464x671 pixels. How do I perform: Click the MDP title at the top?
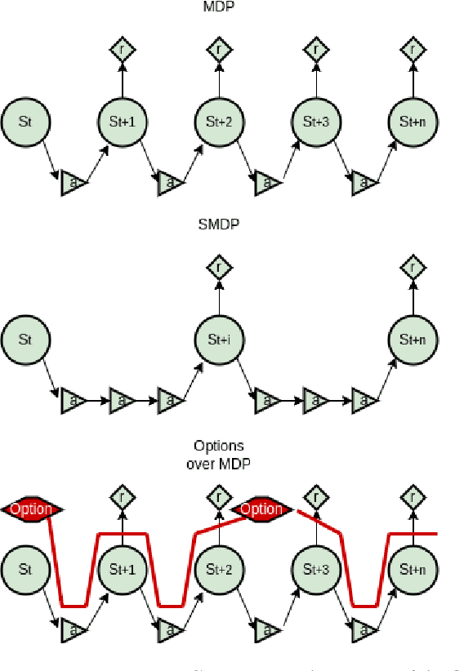(x=219, y=7)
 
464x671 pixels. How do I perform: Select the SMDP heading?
(x=219, y=224)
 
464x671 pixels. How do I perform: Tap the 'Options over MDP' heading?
(x=218, y=453)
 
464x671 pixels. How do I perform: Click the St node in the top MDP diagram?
(x=25, y=122)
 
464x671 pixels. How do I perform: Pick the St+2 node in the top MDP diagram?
(x=219, y=122)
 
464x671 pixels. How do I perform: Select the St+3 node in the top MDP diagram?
(x=316, y=122)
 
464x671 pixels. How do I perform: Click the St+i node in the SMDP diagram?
(x=219, y=339)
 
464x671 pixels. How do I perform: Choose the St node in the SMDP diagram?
(x=25, y=339)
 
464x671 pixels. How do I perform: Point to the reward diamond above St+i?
(x=219, y=267)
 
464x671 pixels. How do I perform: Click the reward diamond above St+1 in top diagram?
(x=122, y=50)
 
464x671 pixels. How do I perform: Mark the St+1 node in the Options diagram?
(x=122, y=568)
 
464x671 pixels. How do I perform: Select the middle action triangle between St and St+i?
(x=122, y=400)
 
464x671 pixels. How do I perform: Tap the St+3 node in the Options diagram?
(x=316, y=568)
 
